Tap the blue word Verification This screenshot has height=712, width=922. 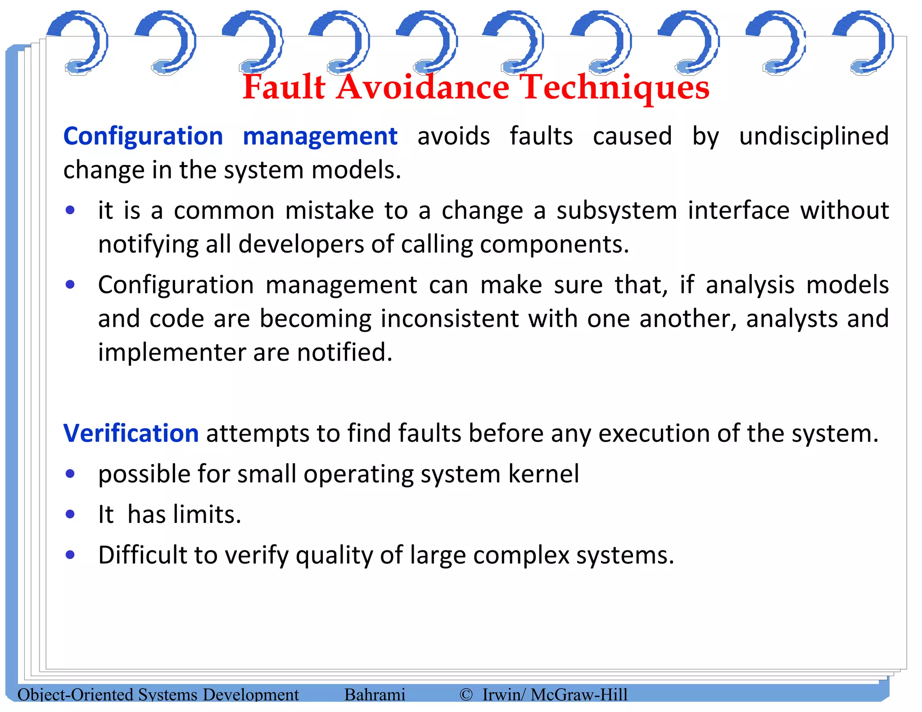[x=131, y=433]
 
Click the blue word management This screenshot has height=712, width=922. [x=320, y=136]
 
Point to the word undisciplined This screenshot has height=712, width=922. [x=814, y=136]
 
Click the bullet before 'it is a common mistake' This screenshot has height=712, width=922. [x=70, y=210]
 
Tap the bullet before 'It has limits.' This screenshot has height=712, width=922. [x=70, y=514]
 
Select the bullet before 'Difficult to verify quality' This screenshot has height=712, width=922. [x=70, y=554]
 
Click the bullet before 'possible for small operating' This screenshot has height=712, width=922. [x=70, y=473]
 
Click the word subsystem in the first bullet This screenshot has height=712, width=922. [x=616, y=211]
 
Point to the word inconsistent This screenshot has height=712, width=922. [x=449, y=319]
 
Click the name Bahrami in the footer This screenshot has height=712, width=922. [x=375, y=694]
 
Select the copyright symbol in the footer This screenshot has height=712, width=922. [x=466, y=694]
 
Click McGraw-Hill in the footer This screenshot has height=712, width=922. [x=579, y=694]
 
